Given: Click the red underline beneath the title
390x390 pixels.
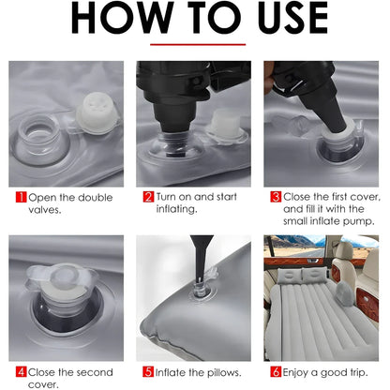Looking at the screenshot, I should (197, 44).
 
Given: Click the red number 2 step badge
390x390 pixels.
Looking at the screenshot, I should (147, 198).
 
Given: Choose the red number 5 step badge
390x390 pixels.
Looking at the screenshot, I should (147, 370).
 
